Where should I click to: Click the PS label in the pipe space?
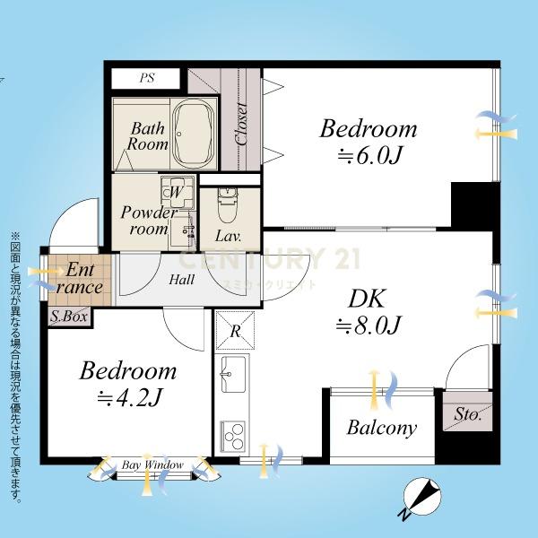tap(147, 78)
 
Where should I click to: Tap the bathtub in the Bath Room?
tap(194, 133)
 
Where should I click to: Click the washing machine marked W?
tap(177, 192)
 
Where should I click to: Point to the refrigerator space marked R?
tap(235, 330)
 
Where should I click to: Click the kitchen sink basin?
tap(233, 374)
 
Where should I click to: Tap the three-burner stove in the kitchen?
tap(233, 436)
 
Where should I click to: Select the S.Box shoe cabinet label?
tap(69, 316)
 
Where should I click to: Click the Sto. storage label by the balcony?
tap(468, 414)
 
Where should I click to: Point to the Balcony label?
tap(382, 429)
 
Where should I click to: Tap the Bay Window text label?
tap(153, 465)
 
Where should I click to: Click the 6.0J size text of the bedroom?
tap(369, 156)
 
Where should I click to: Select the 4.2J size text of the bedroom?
tap(129, 398)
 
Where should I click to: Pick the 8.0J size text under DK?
tap(369, 325)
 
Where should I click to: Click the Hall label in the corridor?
tap(181, 280)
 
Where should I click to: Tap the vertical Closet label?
tap(241, 124)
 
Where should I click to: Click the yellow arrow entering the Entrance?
tap(46, 272)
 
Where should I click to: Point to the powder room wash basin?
tap(183, 230)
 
